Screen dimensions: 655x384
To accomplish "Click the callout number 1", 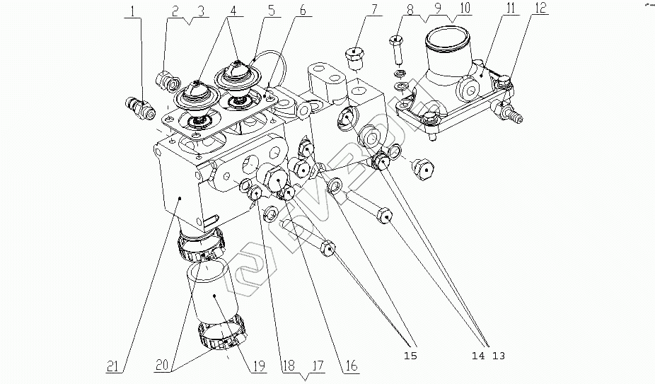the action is pyautogui.click(x=133, y=11).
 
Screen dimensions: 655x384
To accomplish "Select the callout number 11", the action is pyautogui.click(x=511, y=8).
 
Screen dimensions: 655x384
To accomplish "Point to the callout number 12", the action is pyautogui.click(x=540, y=8).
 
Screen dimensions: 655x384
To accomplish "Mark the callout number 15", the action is pyautogui.click(x=410, y=356).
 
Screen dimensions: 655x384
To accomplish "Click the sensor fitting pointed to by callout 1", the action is pyautogui.click(x=140, y=107).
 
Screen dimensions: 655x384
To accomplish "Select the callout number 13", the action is pyautogui.click(x=499, y=356).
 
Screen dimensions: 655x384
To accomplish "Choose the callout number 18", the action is pyautogui.click(x=288, y=366).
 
